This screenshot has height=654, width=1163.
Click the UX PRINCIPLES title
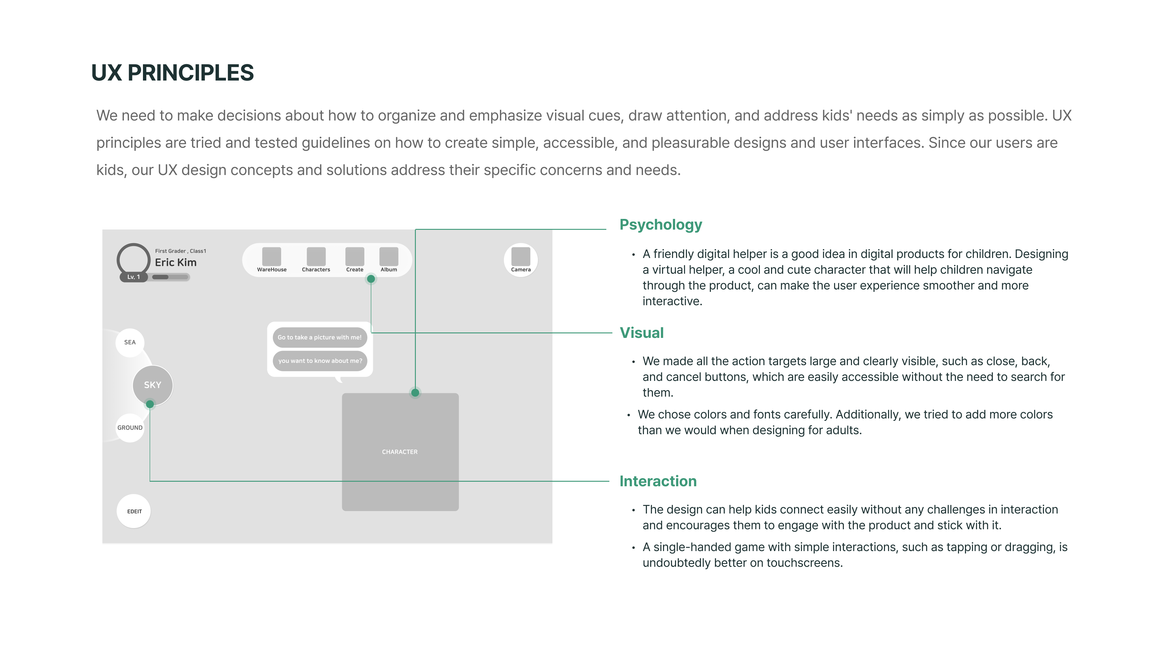[172, 73]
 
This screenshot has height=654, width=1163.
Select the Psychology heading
[661, 225]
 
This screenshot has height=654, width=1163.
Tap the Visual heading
[641, 333]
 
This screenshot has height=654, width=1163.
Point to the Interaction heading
[658, 481]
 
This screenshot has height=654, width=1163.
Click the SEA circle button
[130, 342]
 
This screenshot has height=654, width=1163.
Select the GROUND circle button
[130, 428]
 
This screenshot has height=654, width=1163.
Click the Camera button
[521, 259]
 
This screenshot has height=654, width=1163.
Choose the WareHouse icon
[272, 257]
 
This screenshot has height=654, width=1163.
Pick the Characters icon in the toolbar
[316, 257]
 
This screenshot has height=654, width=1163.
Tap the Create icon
[355, 257]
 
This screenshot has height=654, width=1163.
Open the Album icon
[389, 257]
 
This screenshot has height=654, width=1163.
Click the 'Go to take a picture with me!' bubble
[320, 337]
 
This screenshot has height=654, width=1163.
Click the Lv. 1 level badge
[134, 277]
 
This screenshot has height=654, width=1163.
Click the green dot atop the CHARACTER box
[415, 393]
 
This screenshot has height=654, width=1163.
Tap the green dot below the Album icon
[371, 279]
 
